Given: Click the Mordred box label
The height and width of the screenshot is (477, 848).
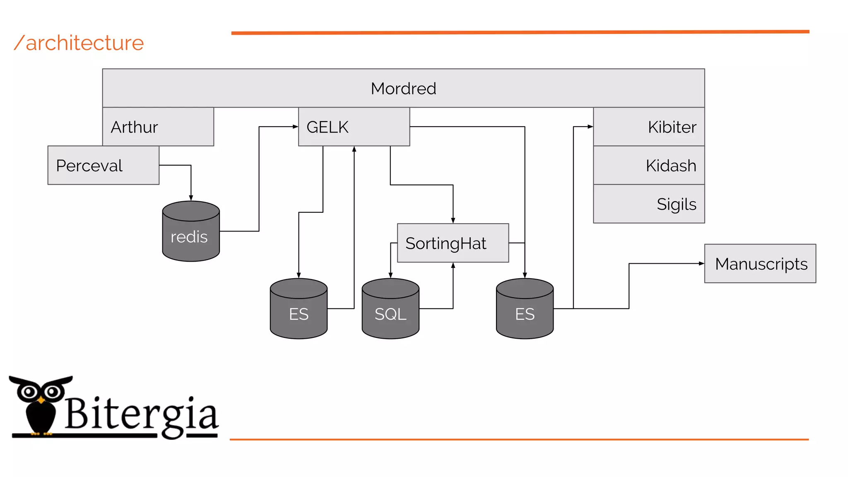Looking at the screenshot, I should [x=403, y=88].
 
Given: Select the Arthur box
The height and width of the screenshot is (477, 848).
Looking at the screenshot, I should [x=158, y=127].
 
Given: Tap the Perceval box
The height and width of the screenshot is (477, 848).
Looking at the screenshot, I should [x=103, y=165].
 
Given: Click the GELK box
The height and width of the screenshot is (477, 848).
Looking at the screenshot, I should [x=354, y=127].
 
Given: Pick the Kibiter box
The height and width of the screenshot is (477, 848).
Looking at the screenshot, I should [x=649, y=127].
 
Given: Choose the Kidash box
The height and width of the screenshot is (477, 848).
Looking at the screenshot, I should [x=649, y=165].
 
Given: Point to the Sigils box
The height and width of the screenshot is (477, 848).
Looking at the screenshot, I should [x=649, y=204].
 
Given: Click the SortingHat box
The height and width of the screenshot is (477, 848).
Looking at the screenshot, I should [x=453, y=243].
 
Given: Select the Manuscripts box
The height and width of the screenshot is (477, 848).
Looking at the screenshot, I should [x=760, y=264].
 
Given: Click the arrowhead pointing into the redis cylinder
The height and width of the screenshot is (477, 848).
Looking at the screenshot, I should [x=191, y=198].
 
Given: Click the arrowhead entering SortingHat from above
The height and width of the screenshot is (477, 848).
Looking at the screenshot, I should [x=453, y=220].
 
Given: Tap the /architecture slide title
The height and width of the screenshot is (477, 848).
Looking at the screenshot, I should [x=79, y=43].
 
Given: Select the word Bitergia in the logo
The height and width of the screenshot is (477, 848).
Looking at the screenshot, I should [x=141, y=414].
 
